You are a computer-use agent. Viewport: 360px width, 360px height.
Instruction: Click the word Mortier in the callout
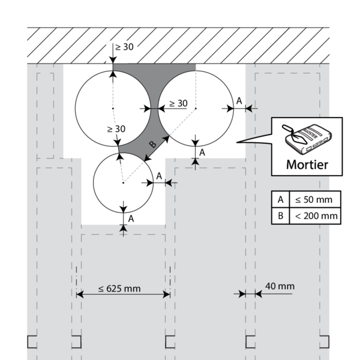coord(307,163)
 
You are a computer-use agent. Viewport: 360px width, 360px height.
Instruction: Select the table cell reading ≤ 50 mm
coord(314,199)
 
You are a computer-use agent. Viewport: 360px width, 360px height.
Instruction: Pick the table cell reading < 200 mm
coord(314,215)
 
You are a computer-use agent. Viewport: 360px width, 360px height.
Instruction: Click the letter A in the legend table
coord(279,199)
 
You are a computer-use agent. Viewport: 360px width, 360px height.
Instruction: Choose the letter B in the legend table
coord(279,215)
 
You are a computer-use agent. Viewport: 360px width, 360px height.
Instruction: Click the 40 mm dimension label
coord(280,286)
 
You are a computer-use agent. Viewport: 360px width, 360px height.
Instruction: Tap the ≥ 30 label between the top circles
coord(178,103)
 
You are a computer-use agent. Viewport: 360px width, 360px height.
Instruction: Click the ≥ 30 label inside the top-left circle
coord(116,128)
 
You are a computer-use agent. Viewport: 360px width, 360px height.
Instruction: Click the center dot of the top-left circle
coord(113,109)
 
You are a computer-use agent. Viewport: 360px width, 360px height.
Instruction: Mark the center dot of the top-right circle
coord(196,109)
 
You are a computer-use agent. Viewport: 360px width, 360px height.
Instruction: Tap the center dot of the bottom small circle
coord(122,183)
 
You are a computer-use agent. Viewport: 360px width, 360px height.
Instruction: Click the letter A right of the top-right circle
coord(239,101)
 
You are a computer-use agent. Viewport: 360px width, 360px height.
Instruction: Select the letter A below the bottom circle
coord(131,218)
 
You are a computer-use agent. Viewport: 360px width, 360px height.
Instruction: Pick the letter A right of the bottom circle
coord(158,175)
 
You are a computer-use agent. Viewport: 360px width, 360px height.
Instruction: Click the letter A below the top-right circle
coord(202,152)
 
